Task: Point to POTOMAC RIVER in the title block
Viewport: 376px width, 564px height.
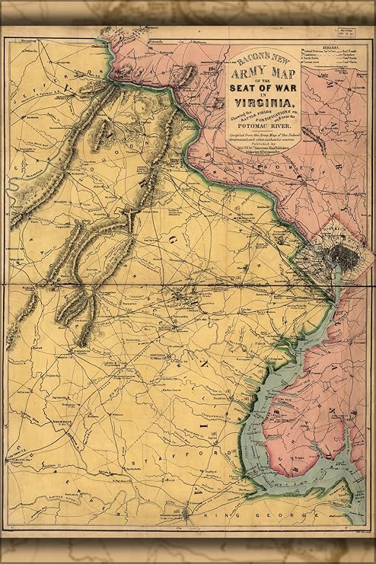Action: [x=263, y=126]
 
